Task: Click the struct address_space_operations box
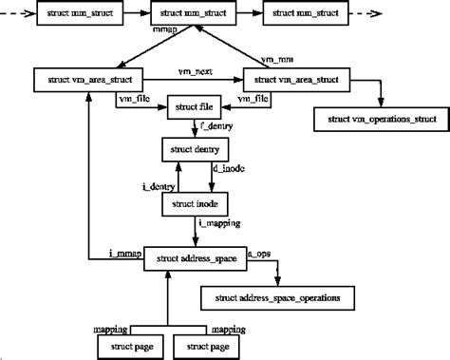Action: coord(272,299)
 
